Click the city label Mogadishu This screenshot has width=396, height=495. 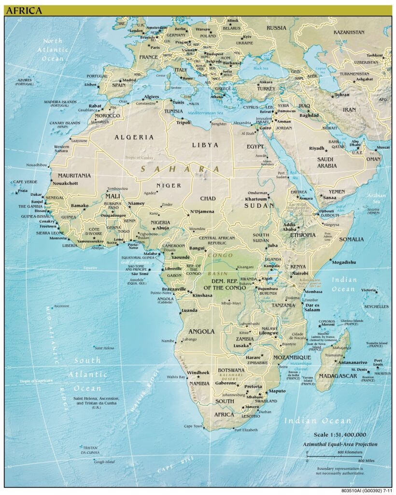click(x=344, y=262)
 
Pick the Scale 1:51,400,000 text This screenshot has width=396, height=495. click(x=340, y=434)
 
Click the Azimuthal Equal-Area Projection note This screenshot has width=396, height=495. click(x=340, y=444)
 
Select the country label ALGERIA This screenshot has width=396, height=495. click(x=134, y=137)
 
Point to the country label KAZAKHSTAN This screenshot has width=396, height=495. click(x=349, y=32)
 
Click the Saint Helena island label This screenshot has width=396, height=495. click(x=104, y=348)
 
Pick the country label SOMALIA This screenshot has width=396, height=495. click(x=351, y=239)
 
